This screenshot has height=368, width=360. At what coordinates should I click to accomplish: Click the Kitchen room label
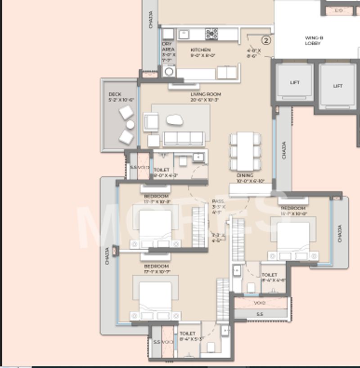point(200,50)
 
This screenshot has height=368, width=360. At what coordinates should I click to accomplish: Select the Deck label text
point(115,94)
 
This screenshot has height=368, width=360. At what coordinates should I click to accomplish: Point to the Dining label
point(245,175)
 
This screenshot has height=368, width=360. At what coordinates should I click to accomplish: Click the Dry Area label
point(168,47)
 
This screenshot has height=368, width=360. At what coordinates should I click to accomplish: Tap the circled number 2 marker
point(266,41)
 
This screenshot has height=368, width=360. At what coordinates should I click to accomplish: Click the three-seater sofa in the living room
point(184,138)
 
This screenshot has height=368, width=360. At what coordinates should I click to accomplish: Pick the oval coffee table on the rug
point(175,119)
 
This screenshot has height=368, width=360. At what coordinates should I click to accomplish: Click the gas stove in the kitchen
point(211,33)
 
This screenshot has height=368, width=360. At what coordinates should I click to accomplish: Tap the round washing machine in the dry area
point(169,71)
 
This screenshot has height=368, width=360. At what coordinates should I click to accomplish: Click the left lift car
point(295,82)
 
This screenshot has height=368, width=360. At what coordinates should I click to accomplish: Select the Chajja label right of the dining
point(284,150)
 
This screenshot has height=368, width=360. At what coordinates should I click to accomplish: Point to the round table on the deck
point(130,124)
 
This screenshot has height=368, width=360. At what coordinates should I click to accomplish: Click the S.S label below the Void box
point(260,314)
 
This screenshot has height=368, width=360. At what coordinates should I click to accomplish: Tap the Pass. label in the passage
point(218,201)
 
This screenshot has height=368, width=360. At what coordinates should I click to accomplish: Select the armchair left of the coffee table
point(151,121)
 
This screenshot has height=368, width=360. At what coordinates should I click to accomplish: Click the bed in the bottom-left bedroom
point(155,298)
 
